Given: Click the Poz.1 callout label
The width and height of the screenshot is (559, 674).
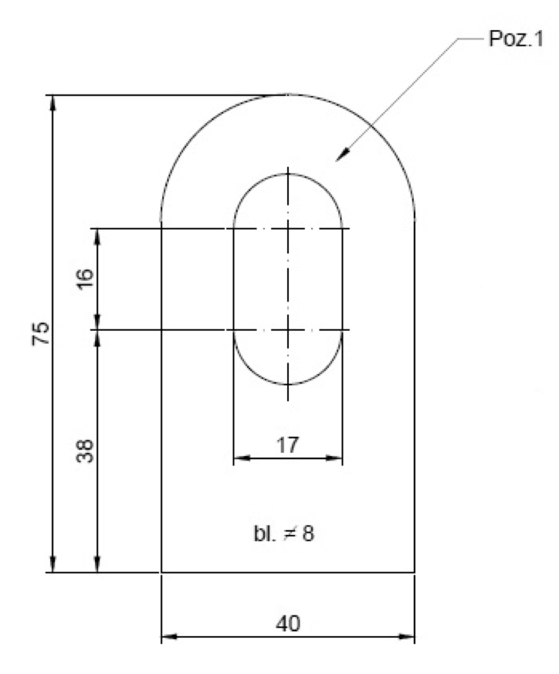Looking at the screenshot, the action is click(516, 39).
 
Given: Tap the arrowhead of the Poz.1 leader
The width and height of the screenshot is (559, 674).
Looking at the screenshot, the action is click(343, 155).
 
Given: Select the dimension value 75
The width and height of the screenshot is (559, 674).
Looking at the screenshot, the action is click(41, 334).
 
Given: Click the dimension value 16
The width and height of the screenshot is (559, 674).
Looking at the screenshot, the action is click(85, 279).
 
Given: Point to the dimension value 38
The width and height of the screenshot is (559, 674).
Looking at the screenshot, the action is click(85, 451).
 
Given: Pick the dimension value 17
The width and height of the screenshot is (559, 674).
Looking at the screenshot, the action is click(287, 445).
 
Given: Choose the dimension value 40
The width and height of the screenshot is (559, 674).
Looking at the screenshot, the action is click(288, 623).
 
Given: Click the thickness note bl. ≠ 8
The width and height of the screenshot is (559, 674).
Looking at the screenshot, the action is click(284, 533).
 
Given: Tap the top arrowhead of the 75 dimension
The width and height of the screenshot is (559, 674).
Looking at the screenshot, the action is click(53, 103).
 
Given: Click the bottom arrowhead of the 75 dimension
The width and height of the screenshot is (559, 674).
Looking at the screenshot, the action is click(53, 564).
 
